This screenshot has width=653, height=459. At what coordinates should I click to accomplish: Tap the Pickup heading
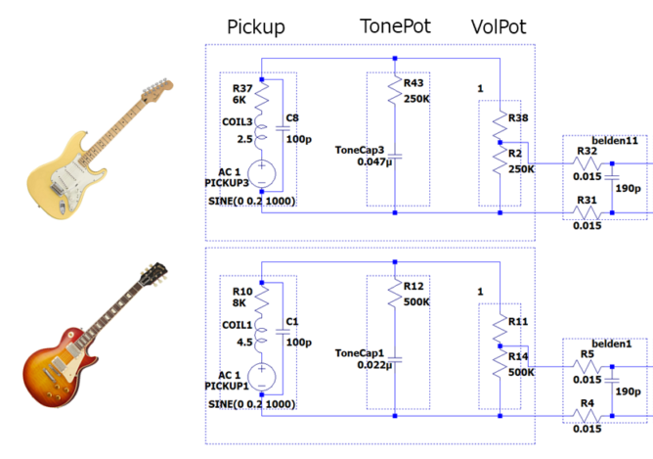(255, 27)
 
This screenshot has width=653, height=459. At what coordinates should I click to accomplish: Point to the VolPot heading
(501, 27)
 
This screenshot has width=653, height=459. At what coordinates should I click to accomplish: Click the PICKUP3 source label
(229, 183)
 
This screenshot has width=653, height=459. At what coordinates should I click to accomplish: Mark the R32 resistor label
(587, 152)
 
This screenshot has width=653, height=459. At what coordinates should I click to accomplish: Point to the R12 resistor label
(414, 287)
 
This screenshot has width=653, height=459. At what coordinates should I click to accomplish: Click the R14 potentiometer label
(518, 358)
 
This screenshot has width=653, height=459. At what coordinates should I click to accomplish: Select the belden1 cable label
(612, 344)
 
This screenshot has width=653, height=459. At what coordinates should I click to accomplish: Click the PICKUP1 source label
(229, 387)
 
